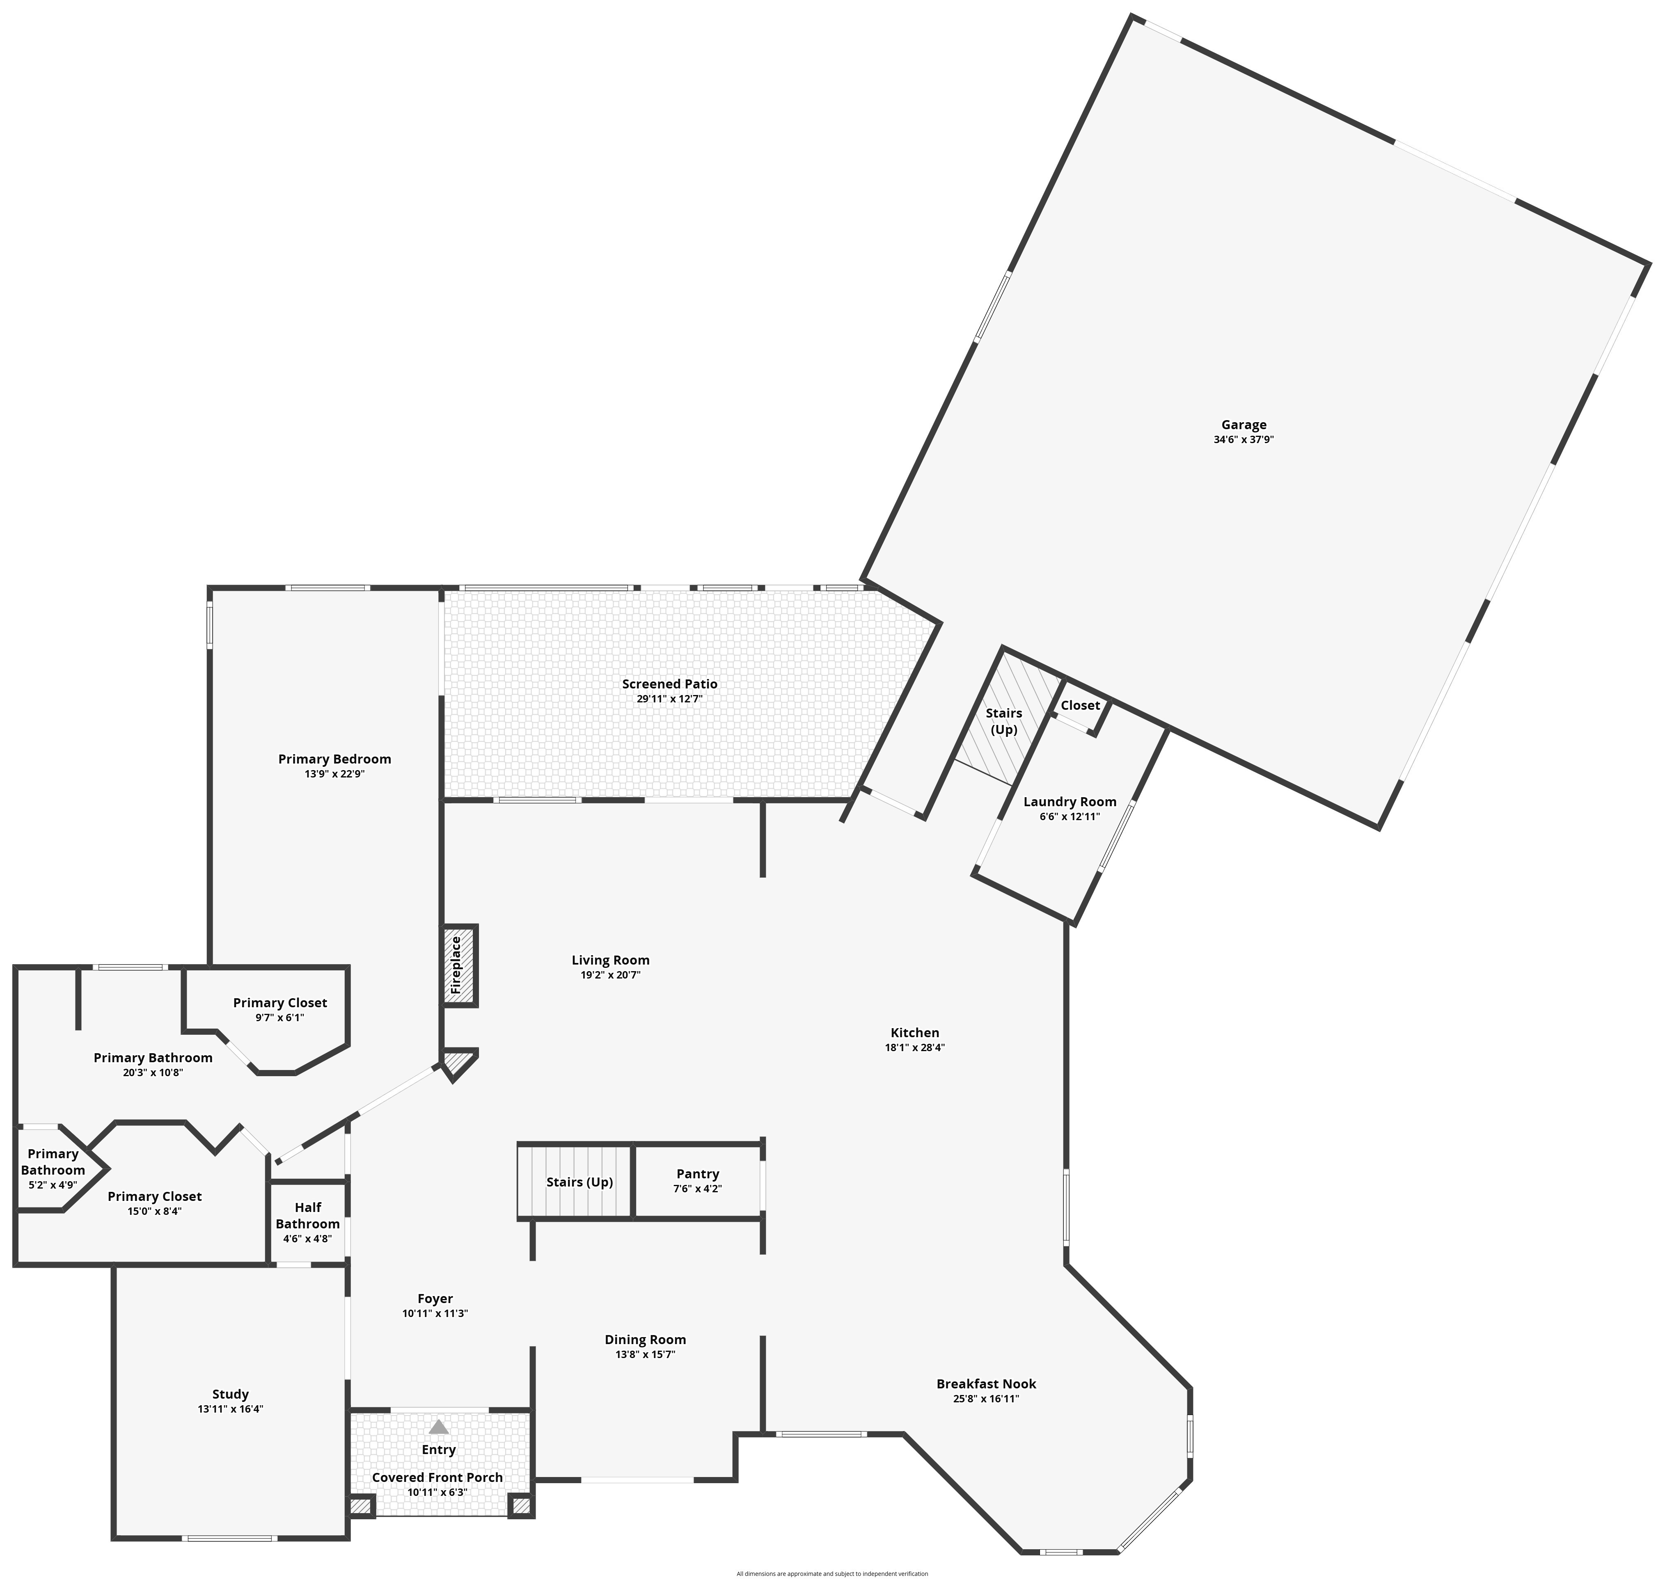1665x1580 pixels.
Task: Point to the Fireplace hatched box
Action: point(460,965)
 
